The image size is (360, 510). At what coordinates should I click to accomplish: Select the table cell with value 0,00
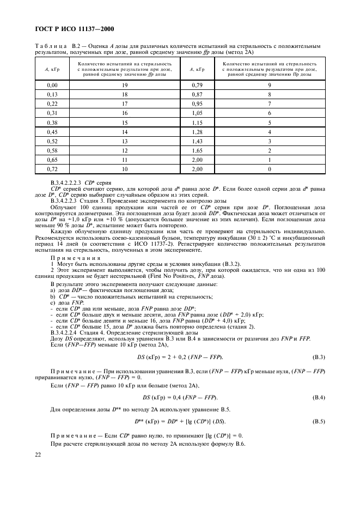52,85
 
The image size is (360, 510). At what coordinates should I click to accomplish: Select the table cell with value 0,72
52,170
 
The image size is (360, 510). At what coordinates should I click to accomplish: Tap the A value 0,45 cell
52,131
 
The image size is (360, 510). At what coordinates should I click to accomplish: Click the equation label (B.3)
319,356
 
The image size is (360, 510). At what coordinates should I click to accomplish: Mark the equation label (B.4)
319,397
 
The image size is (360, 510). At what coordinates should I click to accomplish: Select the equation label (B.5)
319,422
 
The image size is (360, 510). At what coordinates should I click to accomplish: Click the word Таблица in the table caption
50,47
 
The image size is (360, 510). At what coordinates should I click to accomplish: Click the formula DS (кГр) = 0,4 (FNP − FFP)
180,397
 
